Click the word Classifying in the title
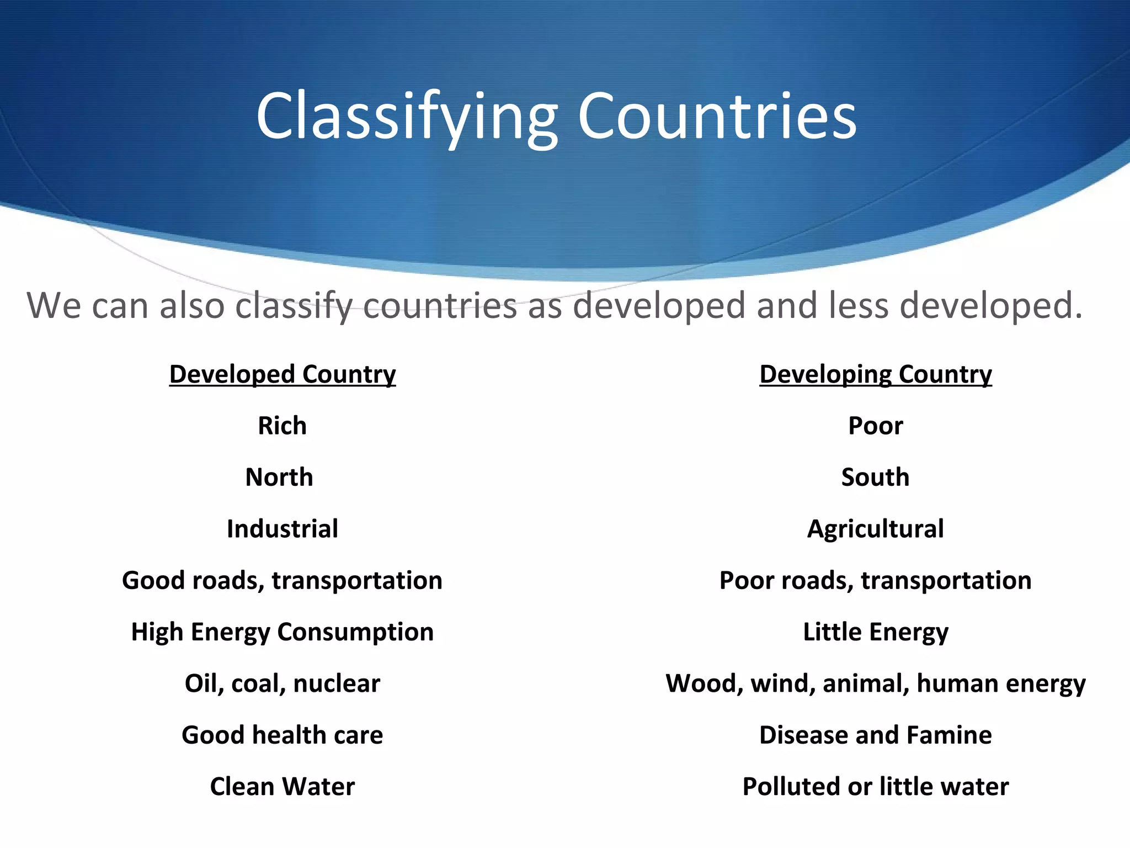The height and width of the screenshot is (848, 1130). tap(407, 117)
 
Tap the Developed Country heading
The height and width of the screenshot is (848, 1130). tap(282, 374)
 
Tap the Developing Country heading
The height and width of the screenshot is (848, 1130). tap(876, 374)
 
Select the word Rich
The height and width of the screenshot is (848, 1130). tap(282, 426)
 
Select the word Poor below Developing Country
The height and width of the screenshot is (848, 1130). tap(876, 426)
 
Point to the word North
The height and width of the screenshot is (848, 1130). tap(279, 477)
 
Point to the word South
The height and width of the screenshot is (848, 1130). tap(876, 477)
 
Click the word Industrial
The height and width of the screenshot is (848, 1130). tap(282, 529)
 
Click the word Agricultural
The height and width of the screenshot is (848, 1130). tap(876, 529)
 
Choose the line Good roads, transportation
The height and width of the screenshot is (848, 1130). tap(282, 580)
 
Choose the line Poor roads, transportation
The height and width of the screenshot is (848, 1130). tap(876, 580)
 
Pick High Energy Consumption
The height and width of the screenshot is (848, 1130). tap(282, 632)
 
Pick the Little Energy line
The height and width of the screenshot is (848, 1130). tap(876, 632)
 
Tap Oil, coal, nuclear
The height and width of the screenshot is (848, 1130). tap(282, 683)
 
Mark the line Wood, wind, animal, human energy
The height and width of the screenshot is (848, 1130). tap(876, 683)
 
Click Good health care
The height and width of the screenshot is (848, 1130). tap(282, 735)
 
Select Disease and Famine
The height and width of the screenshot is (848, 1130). tap(876, 735)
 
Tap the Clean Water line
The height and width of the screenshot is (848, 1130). tap(282, 787)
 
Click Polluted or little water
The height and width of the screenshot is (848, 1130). tap(876, 787)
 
